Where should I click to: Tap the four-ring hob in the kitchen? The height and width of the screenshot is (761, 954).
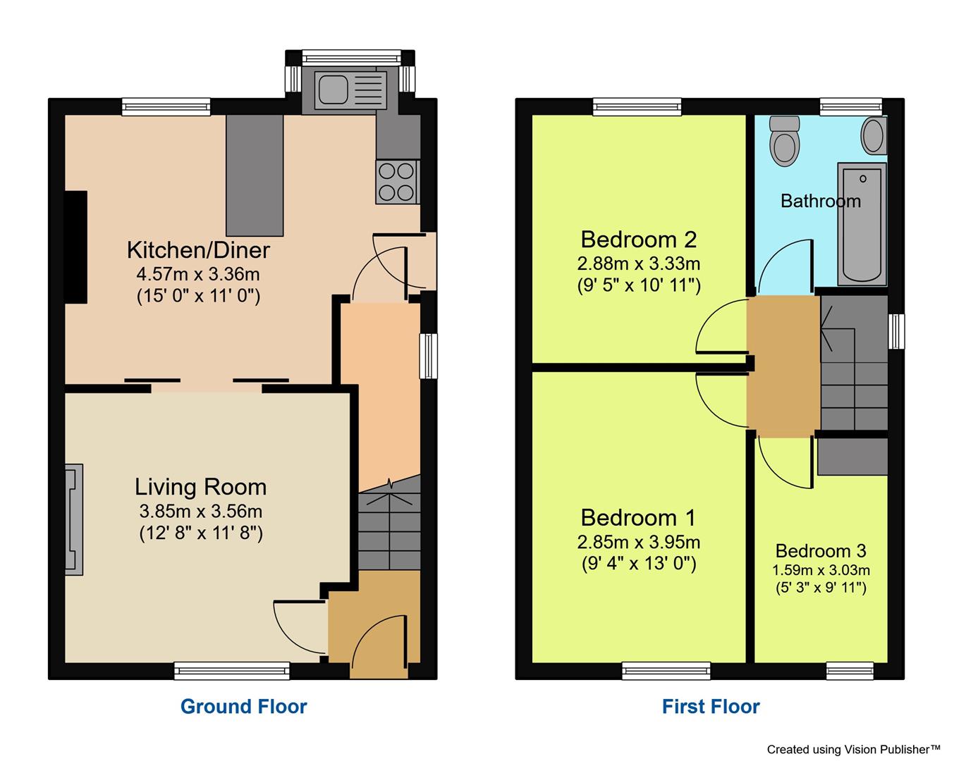point(397,182)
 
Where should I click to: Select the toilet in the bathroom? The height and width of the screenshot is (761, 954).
point(784,141)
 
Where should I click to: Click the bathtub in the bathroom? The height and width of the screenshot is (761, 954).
point(862,224)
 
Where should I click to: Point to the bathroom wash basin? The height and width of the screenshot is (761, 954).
point(874,135)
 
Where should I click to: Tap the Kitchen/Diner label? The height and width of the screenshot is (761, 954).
point(198,249)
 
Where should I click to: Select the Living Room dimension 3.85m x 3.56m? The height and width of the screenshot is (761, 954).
point(200,511)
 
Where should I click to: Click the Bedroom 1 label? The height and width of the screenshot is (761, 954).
point(638,518)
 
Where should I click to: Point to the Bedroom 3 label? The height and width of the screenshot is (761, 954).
point(821,550)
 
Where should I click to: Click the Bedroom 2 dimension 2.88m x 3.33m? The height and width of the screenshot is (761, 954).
point(638,264)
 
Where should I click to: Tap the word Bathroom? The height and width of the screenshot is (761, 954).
point(820,202)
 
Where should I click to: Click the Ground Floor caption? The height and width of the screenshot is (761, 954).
point(243,706)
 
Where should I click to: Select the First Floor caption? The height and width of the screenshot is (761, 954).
point(711,706)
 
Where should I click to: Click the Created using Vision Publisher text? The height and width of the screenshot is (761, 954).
point(853,749)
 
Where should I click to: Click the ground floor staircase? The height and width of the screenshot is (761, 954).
point(389,525)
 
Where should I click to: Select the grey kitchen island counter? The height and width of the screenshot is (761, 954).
point(254,175)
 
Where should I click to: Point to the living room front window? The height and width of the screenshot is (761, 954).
point(232,670)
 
